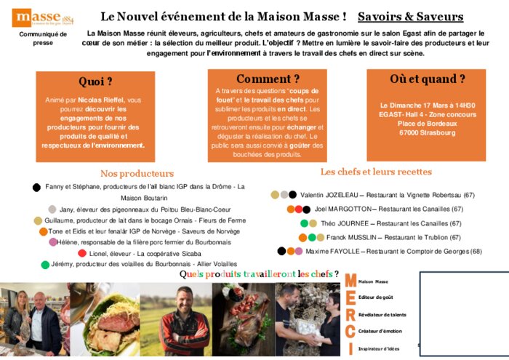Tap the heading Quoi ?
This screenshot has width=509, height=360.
point(95,81)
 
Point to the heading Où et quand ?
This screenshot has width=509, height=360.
point(427,79)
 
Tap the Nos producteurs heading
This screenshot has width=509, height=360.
point(137,173)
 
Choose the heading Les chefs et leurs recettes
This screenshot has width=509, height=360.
point(376,172)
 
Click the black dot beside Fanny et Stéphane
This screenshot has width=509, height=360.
point(36,187)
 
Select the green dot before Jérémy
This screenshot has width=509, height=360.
point(45,264)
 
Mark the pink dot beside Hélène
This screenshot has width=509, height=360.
point(53,241)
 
